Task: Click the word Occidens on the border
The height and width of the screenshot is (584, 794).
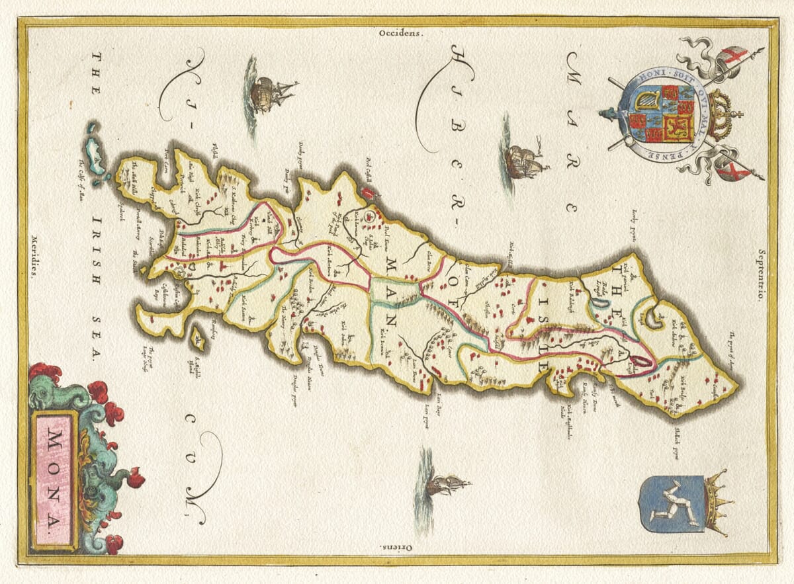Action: coord(400,31)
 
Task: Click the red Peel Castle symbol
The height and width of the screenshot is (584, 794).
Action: coord(368,192)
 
